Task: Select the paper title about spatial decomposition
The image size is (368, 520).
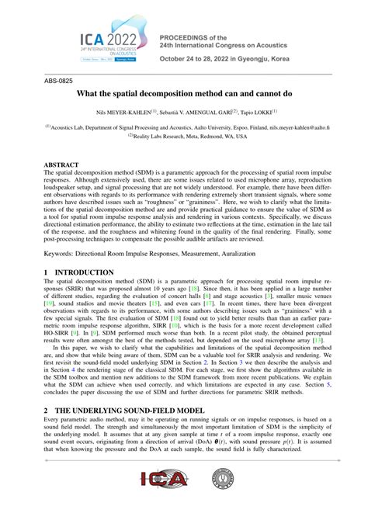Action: click(x=184, y=92)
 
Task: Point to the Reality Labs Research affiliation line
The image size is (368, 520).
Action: click(x=183, y=136)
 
